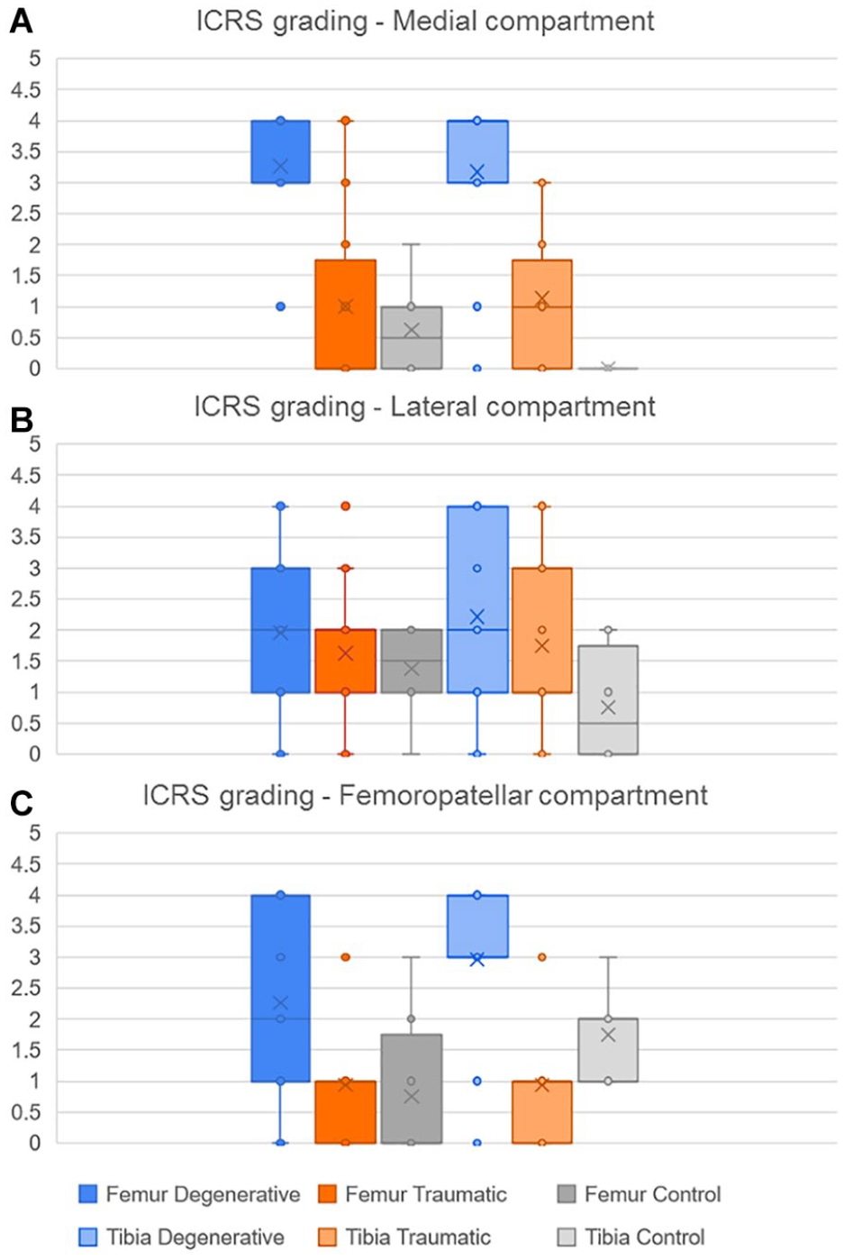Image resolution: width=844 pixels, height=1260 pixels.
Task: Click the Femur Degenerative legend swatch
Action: click(87, 1193)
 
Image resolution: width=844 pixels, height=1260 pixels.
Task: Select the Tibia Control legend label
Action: click(644, 1237)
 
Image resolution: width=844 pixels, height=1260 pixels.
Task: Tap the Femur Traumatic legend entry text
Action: click(426, 1193)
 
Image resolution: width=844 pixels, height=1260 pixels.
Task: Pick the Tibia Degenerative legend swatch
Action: click(87, 1237)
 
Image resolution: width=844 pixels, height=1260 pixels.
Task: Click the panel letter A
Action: click(22, 23)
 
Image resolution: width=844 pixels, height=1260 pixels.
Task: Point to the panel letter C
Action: click(22, 804)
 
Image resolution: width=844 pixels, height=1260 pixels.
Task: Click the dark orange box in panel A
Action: click(345, 315)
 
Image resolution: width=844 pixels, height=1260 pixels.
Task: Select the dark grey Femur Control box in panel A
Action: click(411, 337)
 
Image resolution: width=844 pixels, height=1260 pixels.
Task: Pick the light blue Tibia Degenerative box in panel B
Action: click(477, 599)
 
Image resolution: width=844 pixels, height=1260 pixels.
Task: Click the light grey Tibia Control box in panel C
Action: click(608, 1050)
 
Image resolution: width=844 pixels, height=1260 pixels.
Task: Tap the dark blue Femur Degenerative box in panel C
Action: click(281, 988)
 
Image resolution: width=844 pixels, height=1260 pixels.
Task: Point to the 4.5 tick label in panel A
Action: click(26, 90)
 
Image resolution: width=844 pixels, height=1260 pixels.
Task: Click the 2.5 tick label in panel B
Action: click(26, 599)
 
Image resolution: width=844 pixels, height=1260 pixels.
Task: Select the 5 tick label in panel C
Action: click(35, 833)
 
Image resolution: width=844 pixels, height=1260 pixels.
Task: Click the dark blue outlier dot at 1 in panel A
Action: click(281, 306)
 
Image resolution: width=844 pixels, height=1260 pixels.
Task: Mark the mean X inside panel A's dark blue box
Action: click(281, 166)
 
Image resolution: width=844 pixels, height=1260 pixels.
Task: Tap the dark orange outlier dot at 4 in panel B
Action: click(345, 507)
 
